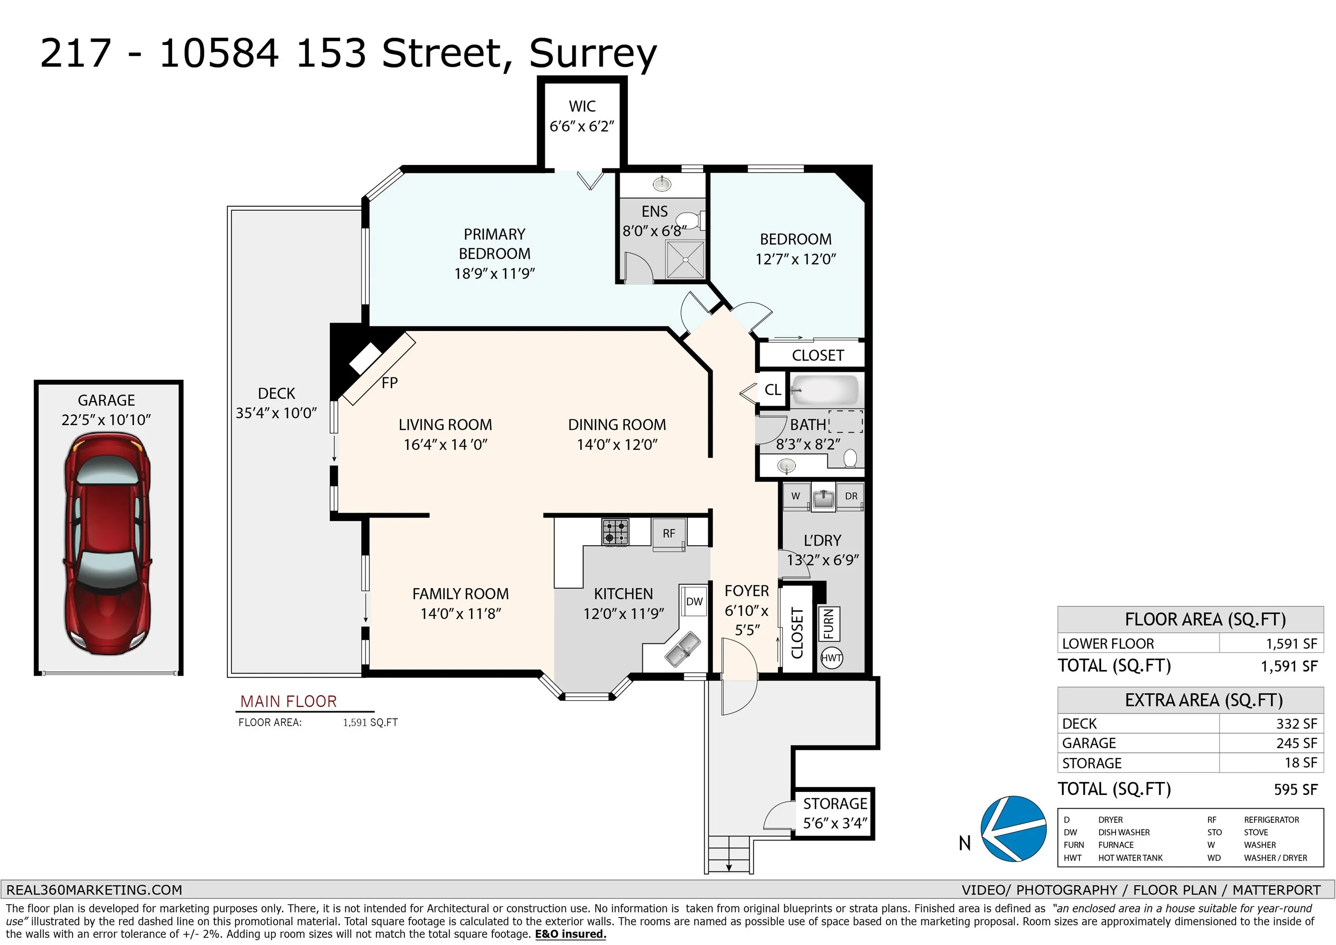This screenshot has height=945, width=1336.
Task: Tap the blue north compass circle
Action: point(1013,828)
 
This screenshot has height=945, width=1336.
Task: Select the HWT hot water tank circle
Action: point(832,658)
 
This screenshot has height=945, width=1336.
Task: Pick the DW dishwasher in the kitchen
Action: point(694,601)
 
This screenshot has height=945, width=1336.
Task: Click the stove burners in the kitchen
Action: point(615,532)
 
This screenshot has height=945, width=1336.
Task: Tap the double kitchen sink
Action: point(682,649)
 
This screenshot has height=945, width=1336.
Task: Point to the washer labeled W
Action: point(795,496)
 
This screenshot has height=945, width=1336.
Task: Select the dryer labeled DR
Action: point(850,496)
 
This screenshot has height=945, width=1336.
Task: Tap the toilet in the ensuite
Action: point(692,220)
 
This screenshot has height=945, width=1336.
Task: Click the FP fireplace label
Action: point(390,382)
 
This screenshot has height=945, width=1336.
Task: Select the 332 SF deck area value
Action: point(1296,724)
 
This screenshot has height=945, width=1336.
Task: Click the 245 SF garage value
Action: point(1296,744)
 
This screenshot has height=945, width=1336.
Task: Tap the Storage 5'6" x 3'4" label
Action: point(835,814)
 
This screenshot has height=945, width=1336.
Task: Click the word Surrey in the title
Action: point(593,54)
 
